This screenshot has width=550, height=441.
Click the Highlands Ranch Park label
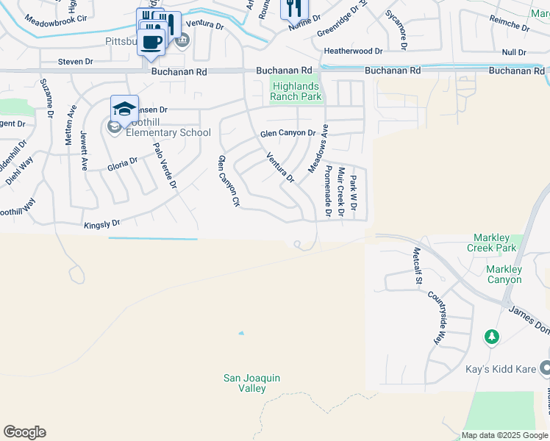click(296, 91)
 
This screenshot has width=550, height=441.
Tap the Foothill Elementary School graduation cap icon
click(124, 110)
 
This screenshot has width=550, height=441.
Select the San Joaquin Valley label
click(252, 383)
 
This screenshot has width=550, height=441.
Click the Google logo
click(24, 432)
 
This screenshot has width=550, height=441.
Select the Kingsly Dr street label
click(101, 223)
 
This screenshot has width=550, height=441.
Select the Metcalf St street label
click(417, 265)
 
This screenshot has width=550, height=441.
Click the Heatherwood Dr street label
click(353, 51)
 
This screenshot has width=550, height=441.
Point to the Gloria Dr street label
click(123, 162)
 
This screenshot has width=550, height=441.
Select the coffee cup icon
click(151, 42)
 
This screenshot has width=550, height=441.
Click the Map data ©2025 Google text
click(503, 435)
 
